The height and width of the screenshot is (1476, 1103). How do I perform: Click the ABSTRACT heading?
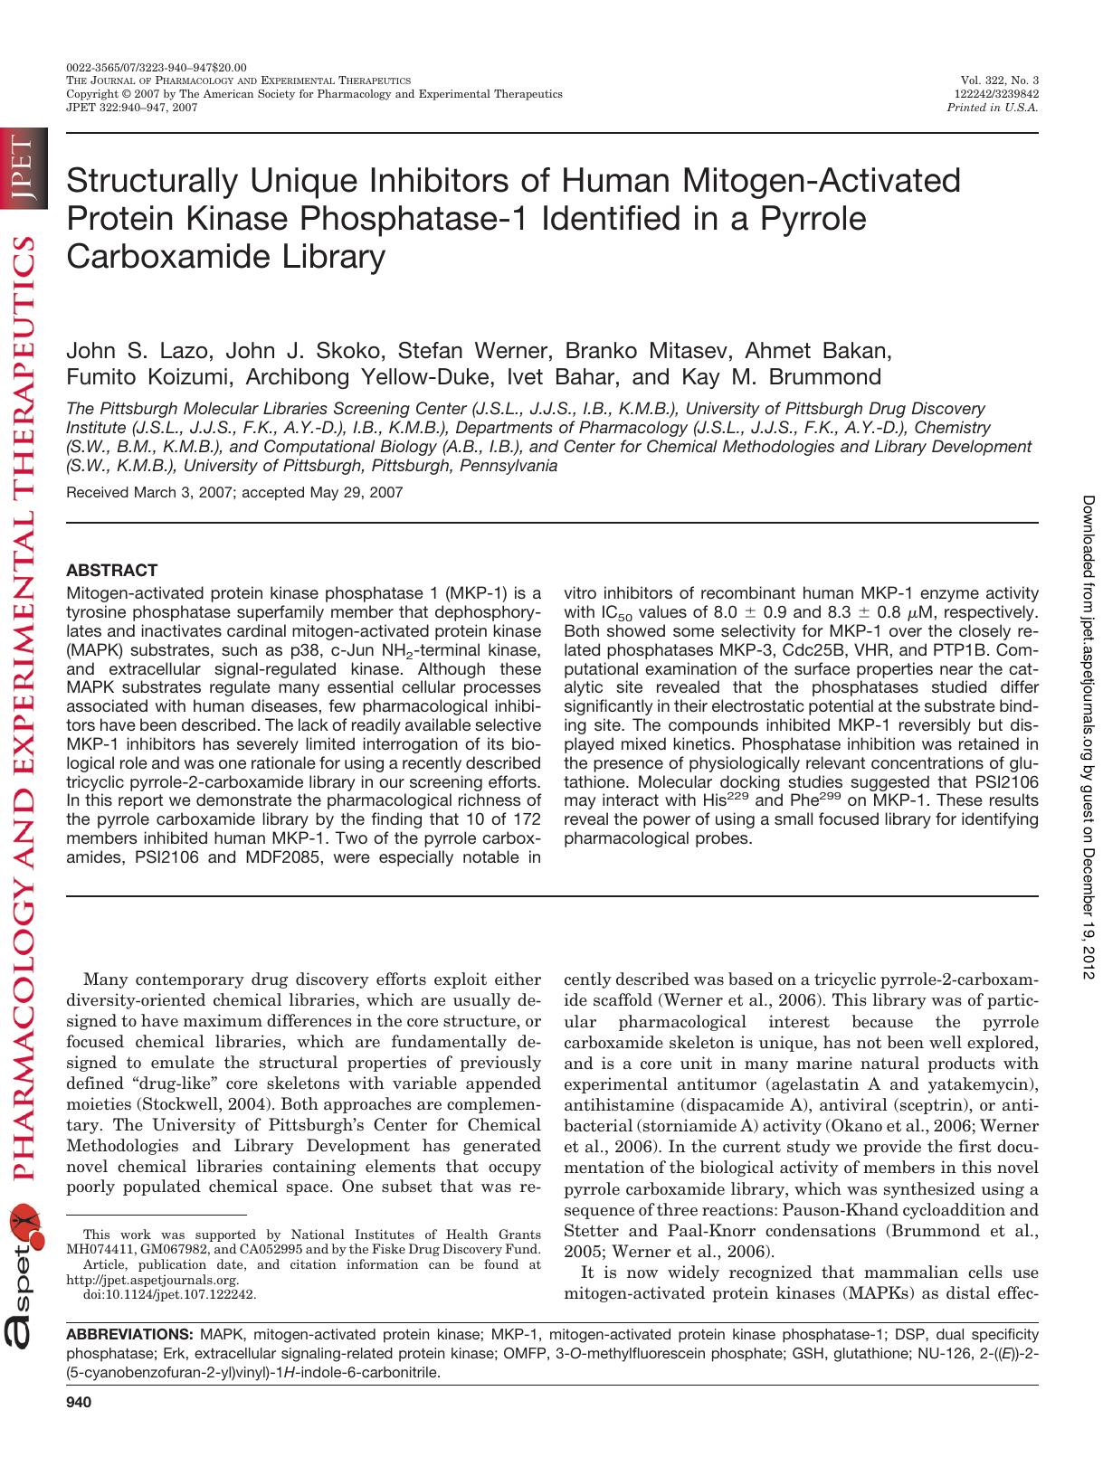tap(112, 571)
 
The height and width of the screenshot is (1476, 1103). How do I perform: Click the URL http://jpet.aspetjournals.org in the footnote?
tap(153, 1280)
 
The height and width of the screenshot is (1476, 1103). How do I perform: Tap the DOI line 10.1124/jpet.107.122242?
tap(169, 1294)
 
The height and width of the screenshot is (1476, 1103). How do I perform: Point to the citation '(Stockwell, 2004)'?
tap(327, 1104)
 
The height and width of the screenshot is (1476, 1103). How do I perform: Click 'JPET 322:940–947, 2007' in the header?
tap(132, 107)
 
